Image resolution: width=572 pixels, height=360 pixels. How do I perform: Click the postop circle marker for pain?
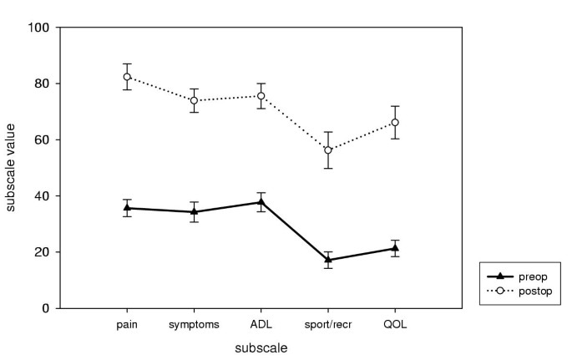[127, 77]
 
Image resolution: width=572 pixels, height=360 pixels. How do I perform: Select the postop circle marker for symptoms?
[194, 100]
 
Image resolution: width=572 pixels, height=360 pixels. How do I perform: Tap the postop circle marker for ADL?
[261, 96]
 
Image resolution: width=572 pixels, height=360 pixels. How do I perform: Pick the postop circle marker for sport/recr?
[328, 150]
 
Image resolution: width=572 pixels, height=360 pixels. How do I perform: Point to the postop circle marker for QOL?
[395, 123]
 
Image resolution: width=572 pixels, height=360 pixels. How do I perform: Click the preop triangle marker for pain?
[127, 208]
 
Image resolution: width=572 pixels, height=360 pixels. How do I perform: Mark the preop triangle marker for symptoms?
[194, 211]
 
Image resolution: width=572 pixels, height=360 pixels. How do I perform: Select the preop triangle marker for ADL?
[261, 201]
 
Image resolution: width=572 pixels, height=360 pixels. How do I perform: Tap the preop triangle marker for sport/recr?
[328, 259]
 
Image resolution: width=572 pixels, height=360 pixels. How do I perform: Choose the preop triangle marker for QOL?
[395, 247]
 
